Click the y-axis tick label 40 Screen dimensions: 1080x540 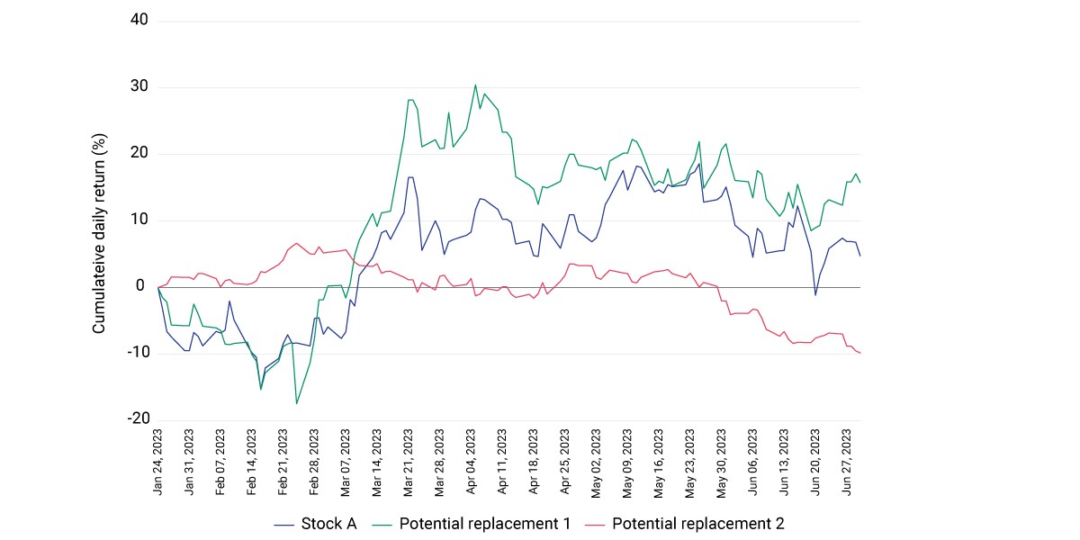tap(139, 20)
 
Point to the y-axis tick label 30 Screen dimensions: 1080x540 tap(139, 86)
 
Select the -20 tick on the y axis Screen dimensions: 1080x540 tap(139, 418)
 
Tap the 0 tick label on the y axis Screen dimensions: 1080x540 tap(140, 285)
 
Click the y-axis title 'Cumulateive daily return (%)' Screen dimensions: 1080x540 tap(99, 233)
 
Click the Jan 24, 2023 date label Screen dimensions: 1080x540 tap(157, 462)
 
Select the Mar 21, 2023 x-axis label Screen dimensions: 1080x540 tap(409, 463)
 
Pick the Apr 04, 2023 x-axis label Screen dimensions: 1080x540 tap(471, 462)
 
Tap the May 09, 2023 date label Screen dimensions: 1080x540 tap(627, 463)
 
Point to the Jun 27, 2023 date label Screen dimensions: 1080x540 tap(847, 462)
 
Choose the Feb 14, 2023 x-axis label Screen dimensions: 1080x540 tap(252, 462)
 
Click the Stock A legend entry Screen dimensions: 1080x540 tap(315, 524)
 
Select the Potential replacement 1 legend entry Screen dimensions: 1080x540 tap(472, 524)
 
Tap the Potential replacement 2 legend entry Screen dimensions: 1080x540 tap(685, 524)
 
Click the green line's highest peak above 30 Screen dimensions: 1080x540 tap(475, 85)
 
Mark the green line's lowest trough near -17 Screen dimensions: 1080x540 tap(296, 403)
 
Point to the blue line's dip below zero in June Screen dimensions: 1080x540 tap(815, 294)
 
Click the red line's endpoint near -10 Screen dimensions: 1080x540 tap(860, 353)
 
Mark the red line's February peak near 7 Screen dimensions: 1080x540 tap(296, 243)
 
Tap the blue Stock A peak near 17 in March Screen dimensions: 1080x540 tap(410, 177)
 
